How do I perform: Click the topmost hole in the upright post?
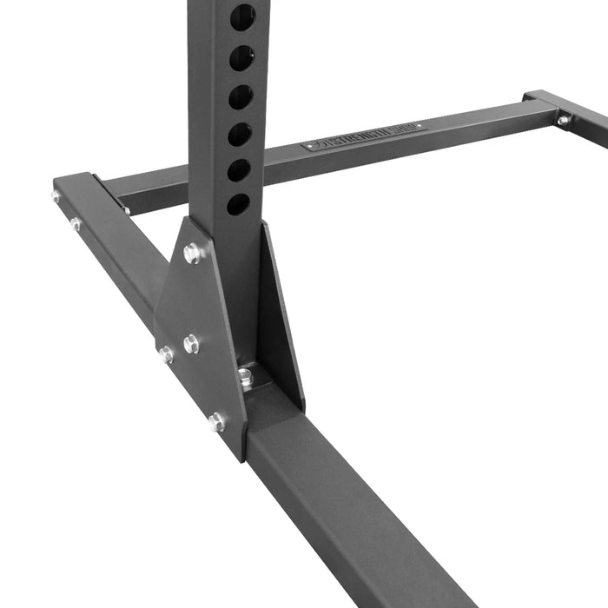coord(242,17)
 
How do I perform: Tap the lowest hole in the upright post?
coord(237,205)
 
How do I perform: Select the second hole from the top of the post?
coord(241,59)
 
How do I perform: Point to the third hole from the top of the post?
coord(241,97)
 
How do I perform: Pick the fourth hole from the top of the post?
coord(240,135)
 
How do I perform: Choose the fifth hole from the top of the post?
coord(239,170)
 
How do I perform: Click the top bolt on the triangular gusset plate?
coord(193,254)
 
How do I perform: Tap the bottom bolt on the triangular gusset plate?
coord(216,422)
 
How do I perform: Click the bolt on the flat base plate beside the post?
coord(246,377)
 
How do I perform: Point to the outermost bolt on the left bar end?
coord(56,196)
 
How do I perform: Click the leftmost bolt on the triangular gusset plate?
coord(165,354)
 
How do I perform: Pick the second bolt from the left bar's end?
coord(76,223)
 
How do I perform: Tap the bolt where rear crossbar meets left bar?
coord(126,209)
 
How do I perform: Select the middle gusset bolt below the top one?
coord(191,343)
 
